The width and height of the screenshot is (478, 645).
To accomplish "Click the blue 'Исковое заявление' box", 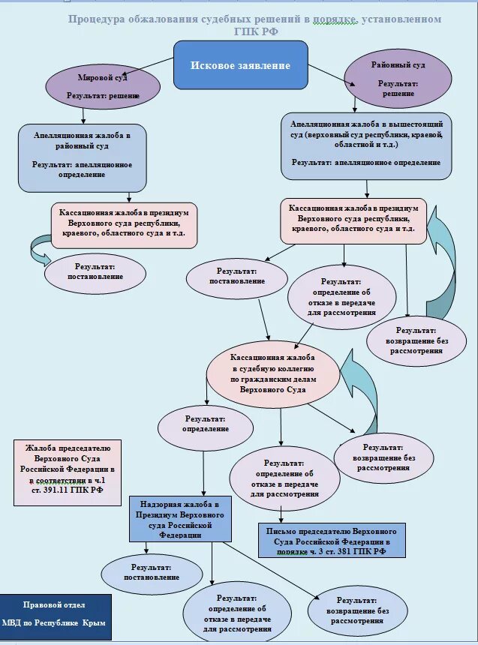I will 240,65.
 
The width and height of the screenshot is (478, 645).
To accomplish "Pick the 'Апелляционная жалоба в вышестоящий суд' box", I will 366,145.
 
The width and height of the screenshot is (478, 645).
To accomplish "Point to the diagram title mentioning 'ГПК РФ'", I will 254,25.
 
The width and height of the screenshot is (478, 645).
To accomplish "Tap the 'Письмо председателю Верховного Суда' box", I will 332,540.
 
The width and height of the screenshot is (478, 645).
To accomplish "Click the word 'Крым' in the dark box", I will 94,623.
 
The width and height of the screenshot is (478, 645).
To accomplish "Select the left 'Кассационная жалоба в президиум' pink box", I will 124,224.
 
